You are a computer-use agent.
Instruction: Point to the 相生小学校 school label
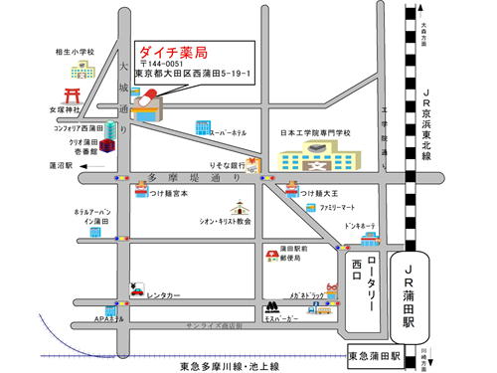[x=75, y=51]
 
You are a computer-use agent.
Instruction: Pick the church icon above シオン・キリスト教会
[x=239, y=208]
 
